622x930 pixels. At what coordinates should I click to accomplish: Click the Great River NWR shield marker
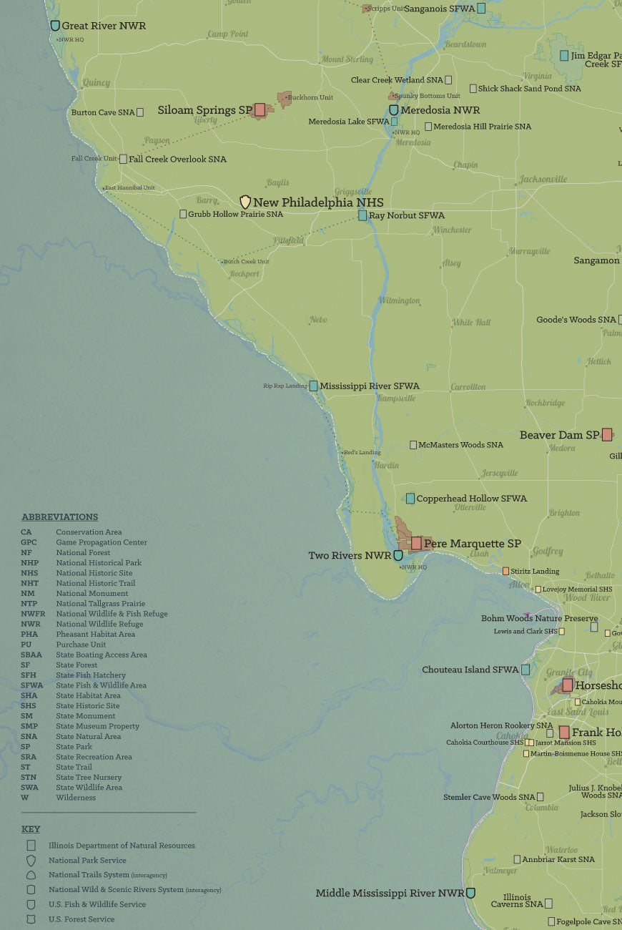click(x=55, y=26)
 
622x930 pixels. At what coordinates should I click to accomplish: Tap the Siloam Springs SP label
click(x=204, y=110)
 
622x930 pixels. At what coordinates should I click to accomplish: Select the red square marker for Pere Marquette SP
click(x=416, y=543)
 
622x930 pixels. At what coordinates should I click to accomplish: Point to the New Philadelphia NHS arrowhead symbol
click(x=245, y=202)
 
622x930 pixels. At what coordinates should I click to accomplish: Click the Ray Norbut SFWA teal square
click(x=362, y=215)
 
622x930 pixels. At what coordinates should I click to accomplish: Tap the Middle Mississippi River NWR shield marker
click(x=470, y=893)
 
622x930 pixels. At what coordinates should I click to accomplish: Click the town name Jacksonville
click(x=543, y=179)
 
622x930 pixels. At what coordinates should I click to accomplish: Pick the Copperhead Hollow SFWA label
click(x=471, y=499)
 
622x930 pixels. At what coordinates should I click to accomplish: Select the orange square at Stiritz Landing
click(x=505, y=571)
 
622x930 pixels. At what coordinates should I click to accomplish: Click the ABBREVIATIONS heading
click(x=59, y=517)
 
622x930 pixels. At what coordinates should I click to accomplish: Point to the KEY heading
click(x=31, y=829)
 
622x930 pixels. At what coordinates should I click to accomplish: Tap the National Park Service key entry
click(x=87, y=861)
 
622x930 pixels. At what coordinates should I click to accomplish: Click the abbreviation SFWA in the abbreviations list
click(x=31, y=685)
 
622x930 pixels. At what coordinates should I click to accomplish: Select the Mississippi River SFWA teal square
click(x=313, y=386)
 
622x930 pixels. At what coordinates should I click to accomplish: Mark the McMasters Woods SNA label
click(x=460, y=445)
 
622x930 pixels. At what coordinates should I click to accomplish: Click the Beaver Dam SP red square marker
click(x=606, y=434)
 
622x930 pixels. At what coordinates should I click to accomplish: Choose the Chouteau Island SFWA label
click(x=470, y=670)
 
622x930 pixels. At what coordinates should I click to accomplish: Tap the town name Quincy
click(x=97, y=83)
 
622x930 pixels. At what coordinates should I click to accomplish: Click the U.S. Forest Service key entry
click(x=81, y=919)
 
